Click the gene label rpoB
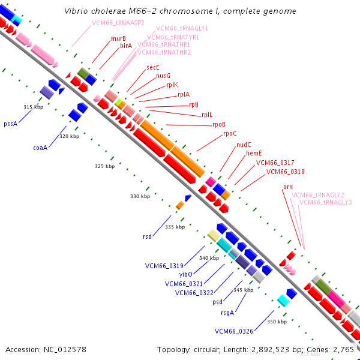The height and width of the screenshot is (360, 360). tap(219, 125)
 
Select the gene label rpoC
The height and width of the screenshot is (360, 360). tap(230, 134)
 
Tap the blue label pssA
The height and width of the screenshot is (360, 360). tap(10, 124)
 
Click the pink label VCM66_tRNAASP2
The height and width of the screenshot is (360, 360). tap(118, 23)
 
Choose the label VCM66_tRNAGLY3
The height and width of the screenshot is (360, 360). tap(325, 202)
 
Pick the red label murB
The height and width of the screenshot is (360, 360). tap(118, 38)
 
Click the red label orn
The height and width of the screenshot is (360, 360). tap(288, 187)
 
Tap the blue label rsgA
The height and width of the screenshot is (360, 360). tap(227, 312)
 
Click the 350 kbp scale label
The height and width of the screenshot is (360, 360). tap(277, 322)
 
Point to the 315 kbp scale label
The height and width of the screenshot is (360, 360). tap(33, 107)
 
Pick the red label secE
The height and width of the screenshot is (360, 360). tap(153, 68)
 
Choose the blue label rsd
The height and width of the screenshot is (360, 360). tap(147, 237)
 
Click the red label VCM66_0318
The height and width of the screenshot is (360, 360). tap(285, 172)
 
